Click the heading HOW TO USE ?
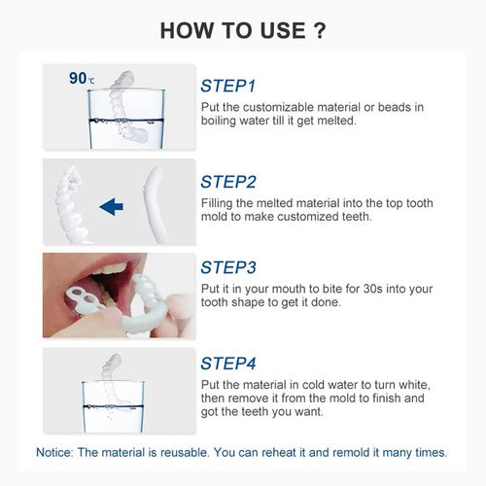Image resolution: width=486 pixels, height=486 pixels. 242,29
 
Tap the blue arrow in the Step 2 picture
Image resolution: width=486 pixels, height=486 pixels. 111,205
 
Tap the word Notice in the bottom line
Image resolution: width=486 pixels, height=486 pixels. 56,452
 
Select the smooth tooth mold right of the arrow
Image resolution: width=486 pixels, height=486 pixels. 155,204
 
